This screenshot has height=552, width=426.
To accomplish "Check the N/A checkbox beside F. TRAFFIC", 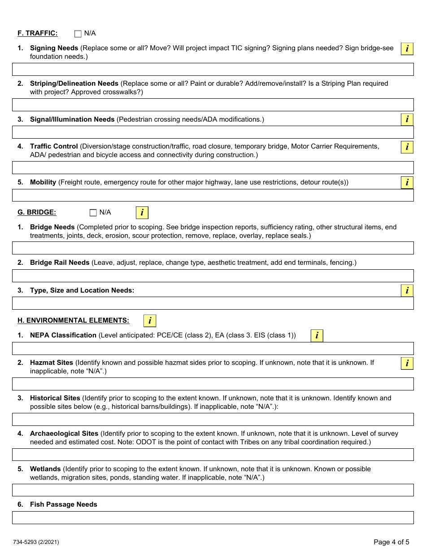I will (78, 34).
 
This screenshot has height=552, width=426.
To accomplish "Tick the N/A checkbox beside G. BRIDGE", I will (93, 213).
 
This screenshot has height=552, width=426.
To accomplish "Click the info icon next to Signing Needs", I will (407, 49).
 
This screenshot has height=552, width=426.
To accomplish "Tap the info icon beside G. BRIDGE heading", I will (142, 213).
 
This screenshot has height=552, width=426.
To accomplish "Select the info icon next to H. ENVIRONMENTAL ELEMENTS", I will (150, 321).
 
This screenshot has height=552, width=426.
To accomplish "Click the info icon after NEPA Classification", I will (317, 336).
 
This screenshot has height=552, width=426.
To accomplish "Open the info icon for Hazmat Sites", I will (407, 363).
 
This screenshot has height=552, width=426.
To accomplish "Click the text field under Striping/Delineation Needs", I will (213, 105).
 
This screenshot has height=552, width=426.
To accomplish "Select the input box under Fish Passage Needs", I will (213, 517).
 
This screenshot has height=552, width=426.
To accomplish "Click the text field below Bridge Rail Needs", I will (213, 276).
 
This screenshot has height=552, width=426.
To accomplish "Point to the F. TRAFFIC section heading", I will (37, 34).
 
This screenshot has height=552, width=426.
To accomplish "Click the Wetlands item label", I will (45, 469).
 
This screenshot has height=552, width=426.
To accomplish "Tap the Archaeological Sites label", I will (64, 434).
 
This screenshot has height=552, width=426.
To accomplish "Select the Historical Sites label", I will (55, 398).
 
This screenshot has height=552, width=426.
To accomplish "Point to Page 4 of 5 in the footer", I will (391, 542).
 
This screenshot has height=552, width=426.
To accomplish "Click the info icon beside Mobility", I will (407, 183).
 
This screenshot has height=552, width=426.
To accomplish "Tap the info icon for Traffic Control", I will (407, 147).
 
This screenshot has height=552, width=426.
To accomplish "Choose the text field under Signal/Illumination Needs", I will (213, 132).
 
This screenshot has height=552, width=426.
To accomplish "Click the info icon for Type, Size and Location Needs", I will (407, 291).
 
